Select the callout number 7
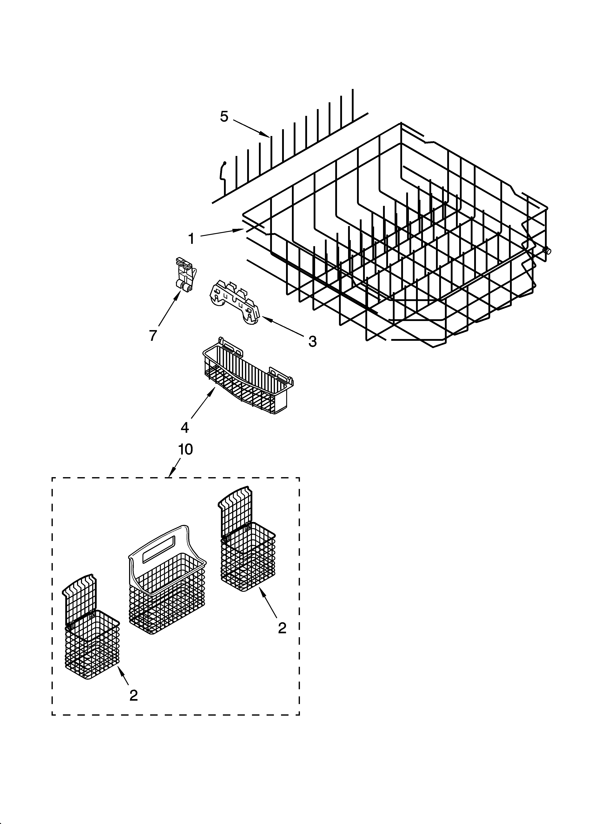pos(153,335)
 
